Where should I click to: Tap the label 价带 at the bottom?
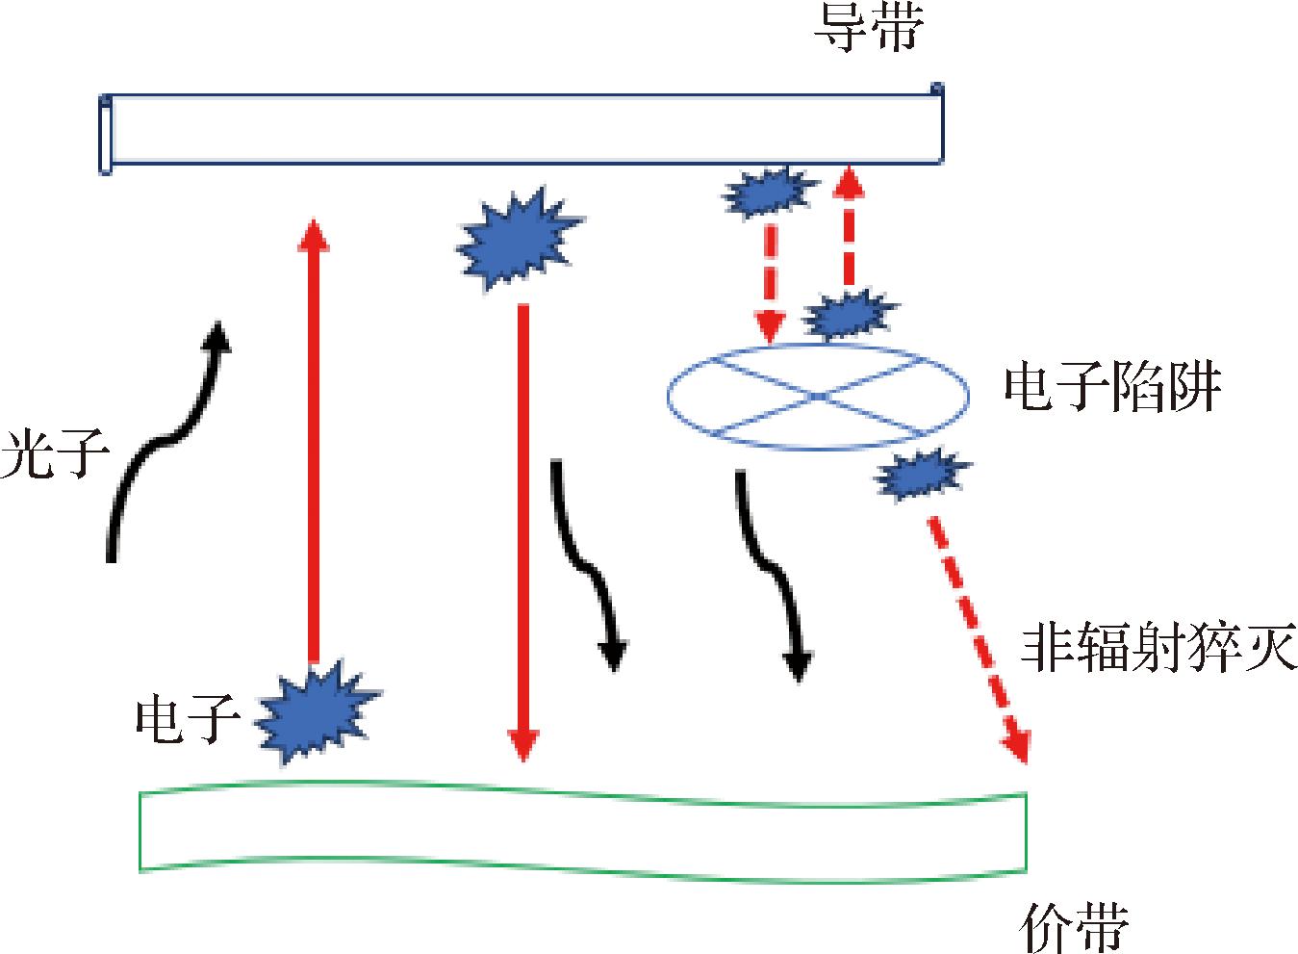(x=1073, y=926)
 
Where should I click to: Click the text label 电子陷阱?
(x=1112, y=389)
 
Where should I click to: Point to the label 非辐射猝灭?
(x=1158, y=647)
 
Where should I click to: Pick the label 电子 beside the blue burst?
(x=188, y=718)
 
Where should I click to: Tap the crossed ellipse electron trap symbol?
(x=818, y=396)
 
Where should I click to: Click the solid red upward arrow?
(x=312, y=443)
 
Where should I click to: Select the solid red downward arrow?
(x=522, y=529)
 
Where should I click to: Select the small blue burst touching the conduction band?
(x=767, y=192)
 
